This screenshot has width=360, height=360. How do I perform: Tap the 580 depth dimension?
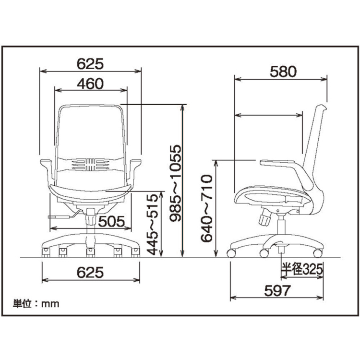[283, 71]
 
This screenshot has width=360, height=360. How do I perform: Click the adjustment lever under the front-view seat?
[62, 217]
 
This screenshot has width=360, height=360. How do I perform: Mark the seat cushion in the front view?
[89, 192]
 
